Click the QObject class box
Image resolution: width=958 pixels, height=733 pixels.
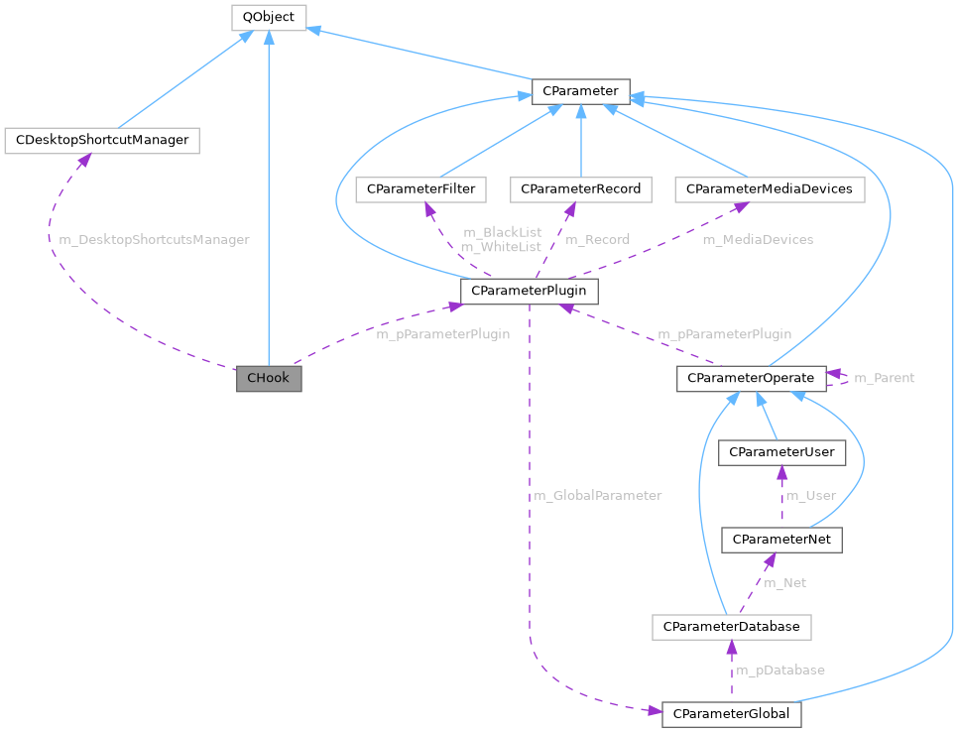tap(269, 16)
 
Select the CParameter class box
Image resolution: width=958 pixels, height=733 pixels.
tap(580, 91)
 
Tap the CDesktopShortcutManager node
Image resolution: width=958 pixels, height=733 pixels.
tap(102, 140)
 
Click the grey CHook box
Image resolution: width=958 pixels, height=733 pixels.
tap(268, 378)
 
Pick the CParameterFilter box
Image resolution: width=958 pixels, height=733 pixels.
tap(420, 188)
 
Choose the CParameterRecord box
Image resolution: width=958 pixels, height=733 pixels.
tap(580, 188)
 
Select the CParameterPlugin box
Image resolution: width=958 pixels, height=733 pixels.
tap(530, 291)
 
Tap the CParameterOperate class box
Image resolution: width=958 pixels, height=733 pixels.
tap(751, 378)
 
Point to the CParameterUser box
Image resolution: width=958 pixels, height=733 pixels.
tap(782, 452)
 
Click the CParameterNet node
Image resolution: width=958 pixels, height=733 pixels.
tap(781, 540)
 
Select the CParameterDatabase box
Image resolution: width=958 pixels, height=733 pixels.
tap(731, 627)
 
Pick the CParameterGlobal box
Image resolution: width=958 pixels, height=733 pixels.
tap(731, 714)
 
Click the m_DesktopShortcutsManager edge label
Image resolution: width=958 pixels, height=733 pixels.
tap(154, 239)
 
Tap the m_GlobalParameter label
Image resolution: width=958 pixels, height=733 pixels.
tap(597, 495)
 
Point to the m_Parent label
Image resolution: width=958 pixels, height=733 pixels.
tap(884, 378)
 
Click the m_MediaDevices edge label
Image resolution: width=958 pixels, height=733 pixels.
tap(758, 239)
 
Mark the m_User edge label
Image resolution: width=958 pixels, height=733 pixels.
tap(810, 495)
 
